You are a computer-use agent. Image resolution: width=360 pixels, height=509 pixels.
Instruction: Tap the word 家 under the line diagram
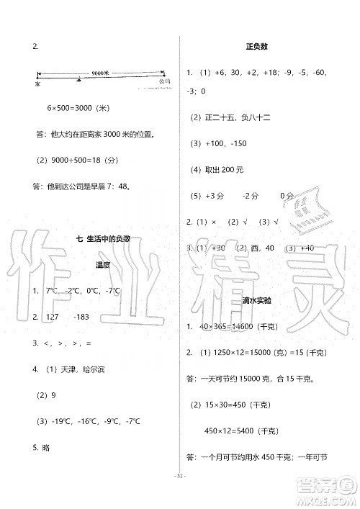(37, 84)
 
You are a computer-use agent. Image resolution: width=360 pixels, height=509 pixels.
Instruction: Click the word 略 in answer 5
(47, 447)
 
